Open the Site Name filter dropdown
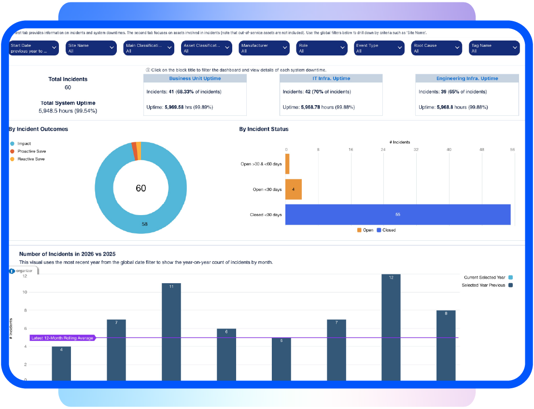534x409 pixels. (92, 48)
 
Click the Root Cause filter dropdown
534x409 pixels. (436, 48)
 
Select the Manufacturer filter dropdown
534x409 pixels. (264, 48)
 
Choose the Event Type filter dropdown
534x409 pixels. (379, 48)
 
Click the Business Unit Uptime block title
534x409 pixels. (195, 79)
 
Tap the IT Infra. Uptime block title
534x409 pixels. (331, 79)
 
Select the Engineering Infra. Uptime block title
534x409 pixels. (467, 79)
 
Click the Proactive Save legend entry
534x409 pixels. (31, 151)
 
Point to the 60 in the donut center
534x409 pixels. (141, 188)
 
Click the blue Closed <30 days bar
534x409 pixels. (398, 215)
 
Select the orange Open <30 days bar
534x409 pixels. (294, 189)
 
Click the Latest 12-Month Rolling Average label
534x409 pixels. (62, 338)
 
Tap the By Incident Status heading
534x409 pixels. (264, 129)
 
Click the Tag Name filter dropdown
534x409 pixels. (494, 48)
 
